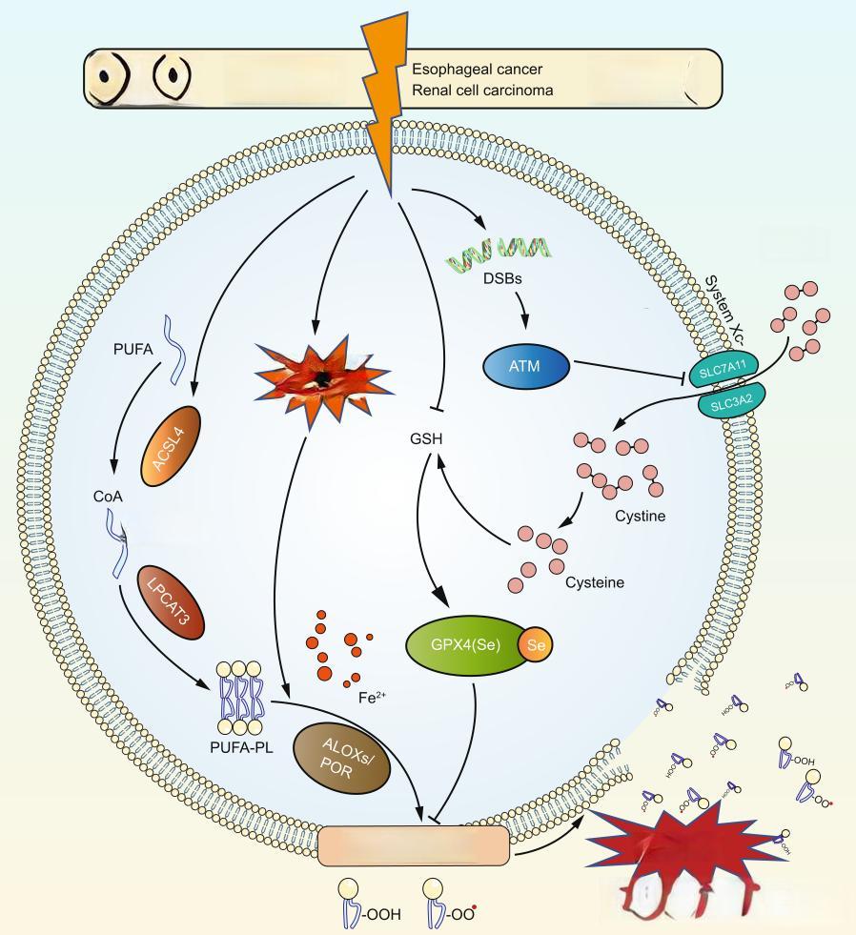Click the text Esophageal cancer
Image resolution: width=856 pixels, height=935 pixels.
click(476, 69)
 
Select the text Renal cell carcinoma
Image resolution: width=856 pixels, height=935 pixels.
click(482, 91)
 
